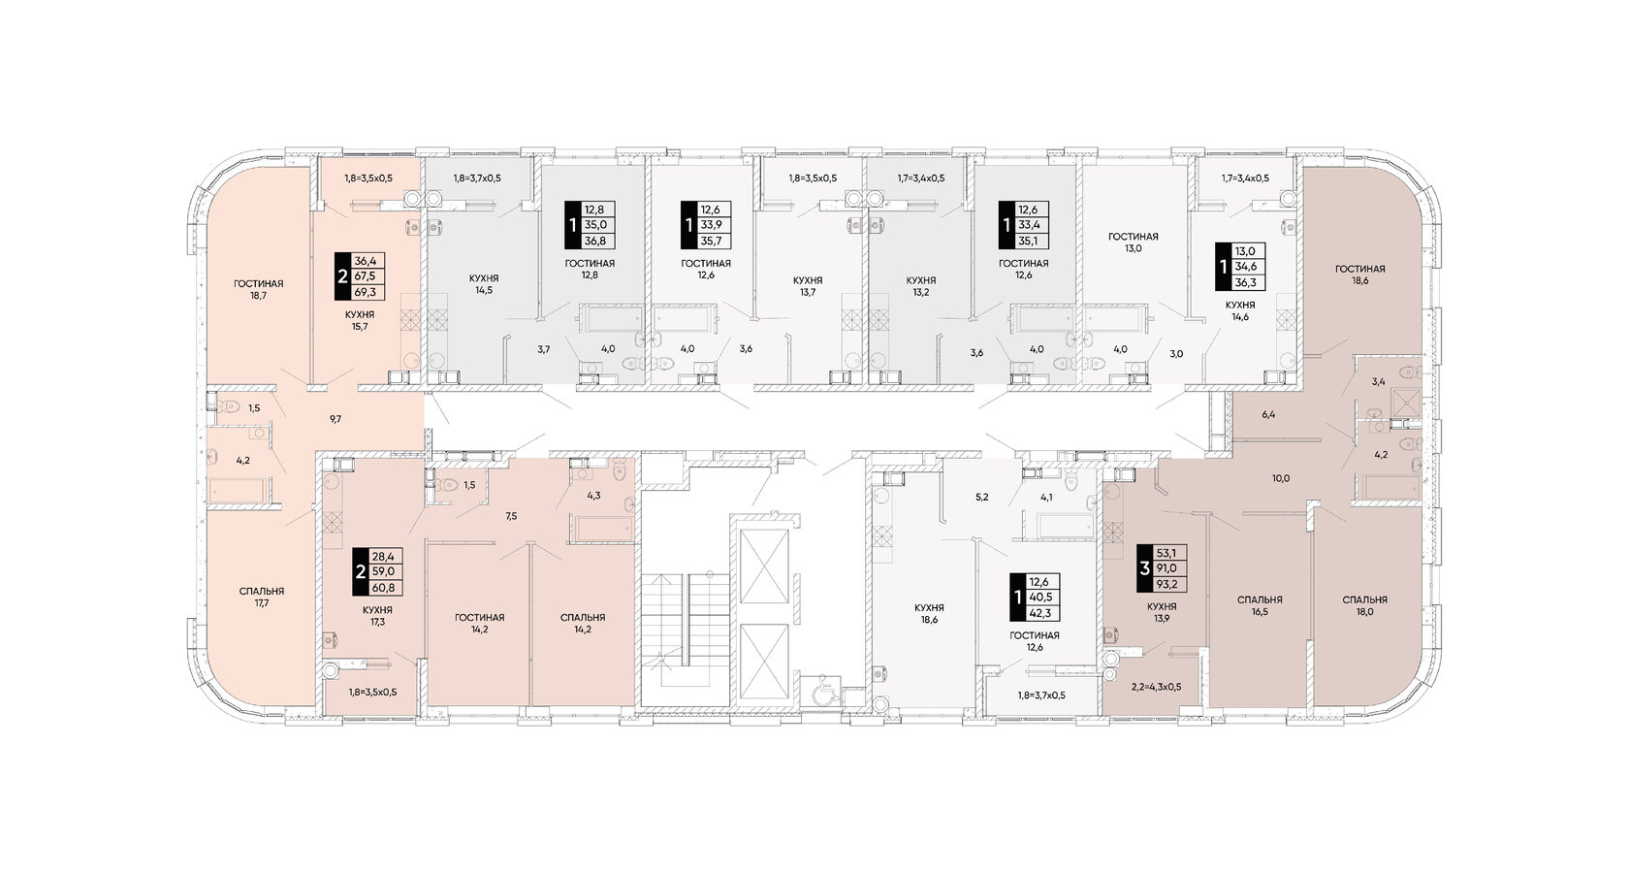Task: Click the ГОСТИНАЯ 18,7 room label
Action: tap(258, 289)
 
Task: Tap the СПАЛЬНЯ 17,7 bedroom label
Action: tap(262, 598)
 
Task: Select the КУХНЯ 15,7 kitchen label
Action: tap(360, 320)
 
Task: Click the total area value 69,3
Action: tap(365, 292)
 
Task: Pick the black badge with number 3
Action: tap(1144, 567)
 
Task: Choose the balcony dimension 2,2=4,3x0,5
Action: tap(1156, 687)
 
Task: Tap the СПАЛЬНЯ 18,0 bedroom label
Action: tap(1365, 605)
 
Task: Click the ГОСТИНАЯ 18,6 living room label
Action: tap(1359, 275)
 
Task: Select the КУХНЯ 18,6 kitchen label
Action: tap(929, 613)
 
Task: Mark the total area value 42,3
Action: tap(1039, 613)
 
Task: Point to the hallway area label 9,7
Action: tap(335, 419)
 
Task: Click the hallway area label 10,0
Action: tap(1281, 479)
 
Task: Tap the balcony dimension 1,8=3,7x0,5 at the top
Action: tap(477, 178)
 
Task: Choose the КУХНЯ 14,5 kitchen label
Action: tap(484, 283)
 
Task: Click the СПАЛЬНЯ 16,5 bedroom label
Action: tap(1260, 605)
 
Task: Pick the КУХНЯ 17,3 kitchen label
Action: tap(376, 615)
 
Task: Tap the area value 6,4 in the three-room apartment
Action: tap(1268, 415)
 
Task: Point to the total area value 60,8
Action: tap(382, 588)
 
